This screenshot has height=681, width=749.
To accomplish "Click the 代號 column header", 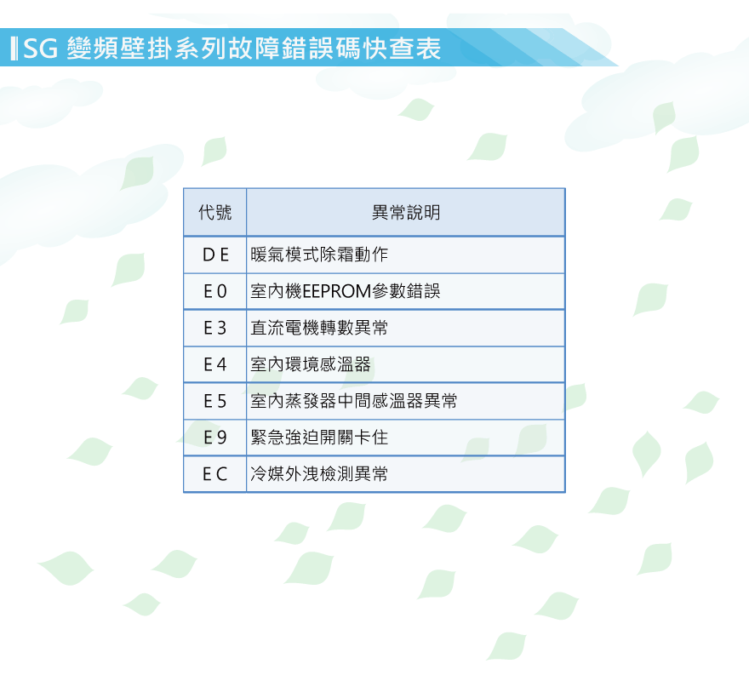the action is pos(215,212).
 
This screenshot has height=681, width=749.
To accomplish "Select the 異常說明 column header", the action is pos(406,212).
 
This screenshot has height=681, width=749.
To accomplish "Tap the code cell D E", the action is pos(215,255).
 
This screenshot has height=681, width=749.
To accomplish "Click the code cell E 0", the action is pos(215,291).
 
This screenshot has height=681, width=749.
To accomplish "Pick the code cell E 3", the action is pos(215,328).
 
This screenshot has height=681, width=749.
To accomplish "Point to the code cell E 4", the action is pos(215,364).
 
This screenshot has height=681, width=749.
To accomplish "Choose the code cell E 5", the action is pos(215,401).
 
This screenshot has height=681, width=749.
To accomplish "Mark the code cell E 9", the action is pos(215,438).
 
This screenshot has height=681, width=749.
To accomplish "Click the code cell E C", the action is pos(215,474).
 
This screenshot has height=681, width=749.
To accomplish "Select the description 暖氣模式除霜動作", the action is pos(319,255).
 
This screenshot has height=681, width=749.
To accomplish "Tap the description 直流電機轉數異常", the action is pos(319,328).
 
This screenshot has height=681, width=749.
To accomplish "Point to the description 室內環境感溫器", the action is pos(311,364).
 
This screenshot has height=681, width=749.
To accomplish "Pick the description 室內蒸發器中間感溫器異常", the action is pos(353,401).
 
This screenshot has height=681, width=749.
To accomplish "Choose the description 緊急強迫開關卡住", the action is pos(319,438).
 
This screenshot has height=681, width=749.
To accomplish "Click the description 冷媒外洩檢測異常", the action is pos(319,474).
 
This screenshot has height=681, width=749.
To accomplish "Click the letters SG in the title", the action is pos(41,49).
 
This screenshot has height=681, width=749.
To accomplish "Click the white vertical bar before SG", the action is pos(14,49).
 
